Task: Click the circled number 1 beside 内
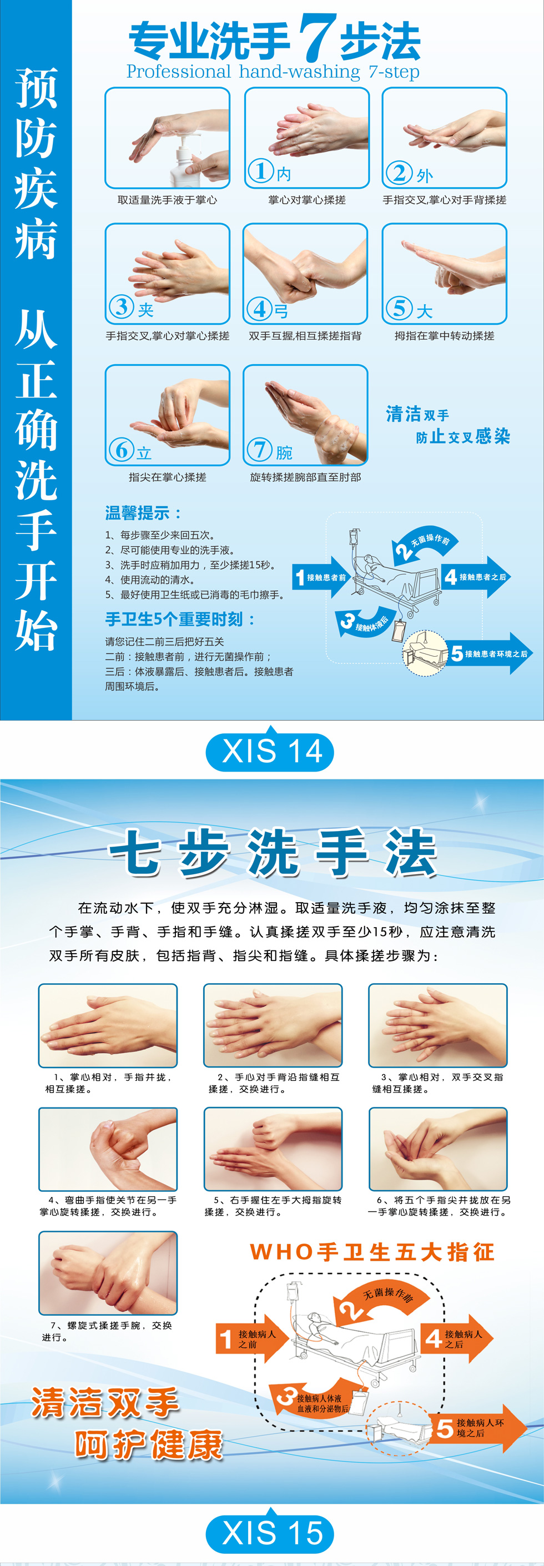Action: click(261, 172)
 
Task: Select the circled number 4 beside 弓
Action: click(260, 308)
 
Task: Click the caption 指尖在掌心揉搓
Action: click(167, 477)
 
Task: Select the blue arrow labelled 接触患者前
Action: click(321, 577)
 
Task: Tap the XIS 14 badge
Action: click(271, 752)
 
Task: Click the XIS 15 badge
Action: click(271, 1533)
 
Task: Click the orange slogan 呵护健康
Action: click(149, 1445)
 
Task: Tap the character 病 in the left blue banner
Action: click(36, 238)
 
